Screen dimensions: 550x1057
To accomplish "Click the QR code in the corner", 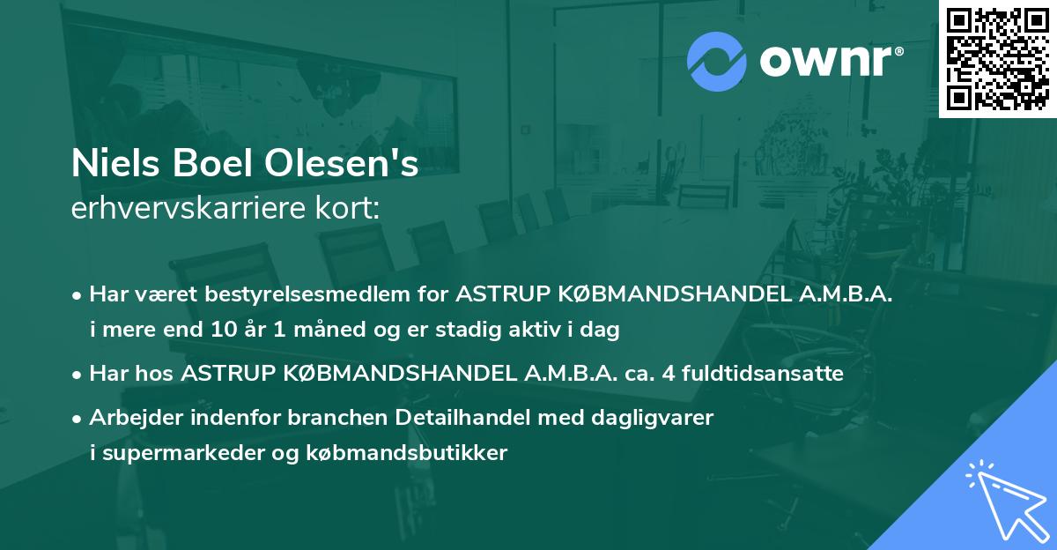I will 998,58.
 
